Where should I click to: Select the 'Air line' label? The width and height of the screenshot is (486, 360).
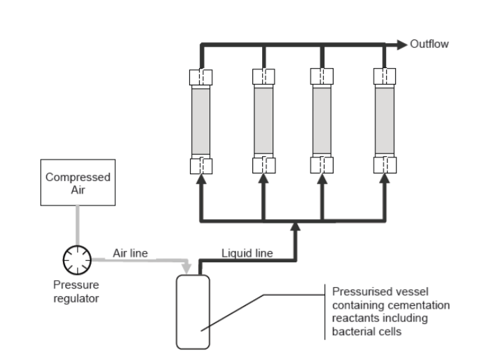tap(130, 252)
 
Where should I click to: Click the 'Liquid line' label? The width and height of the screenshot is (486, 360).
tap(247, 252)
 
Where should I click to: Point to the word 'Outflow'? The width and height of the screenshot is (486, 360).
tap(429, 44)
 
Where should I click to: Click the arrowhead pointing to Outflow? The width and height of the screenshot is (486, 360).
tap(401, 44)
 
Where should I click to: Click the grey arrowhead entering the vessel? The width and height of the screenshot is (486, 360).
tap(187, 267)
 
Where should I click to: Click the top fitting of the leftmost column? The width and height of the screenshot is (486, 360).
tap(202, 76)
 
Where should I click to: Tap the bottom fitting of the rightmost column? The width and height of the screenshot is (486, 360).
tap(384, 165)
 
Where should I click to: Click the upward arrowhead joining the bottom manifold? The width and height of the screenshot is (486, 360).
tap(296, 226)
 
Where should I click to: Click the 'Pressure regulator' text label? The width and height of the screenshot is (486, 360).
tap(76, 291)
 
